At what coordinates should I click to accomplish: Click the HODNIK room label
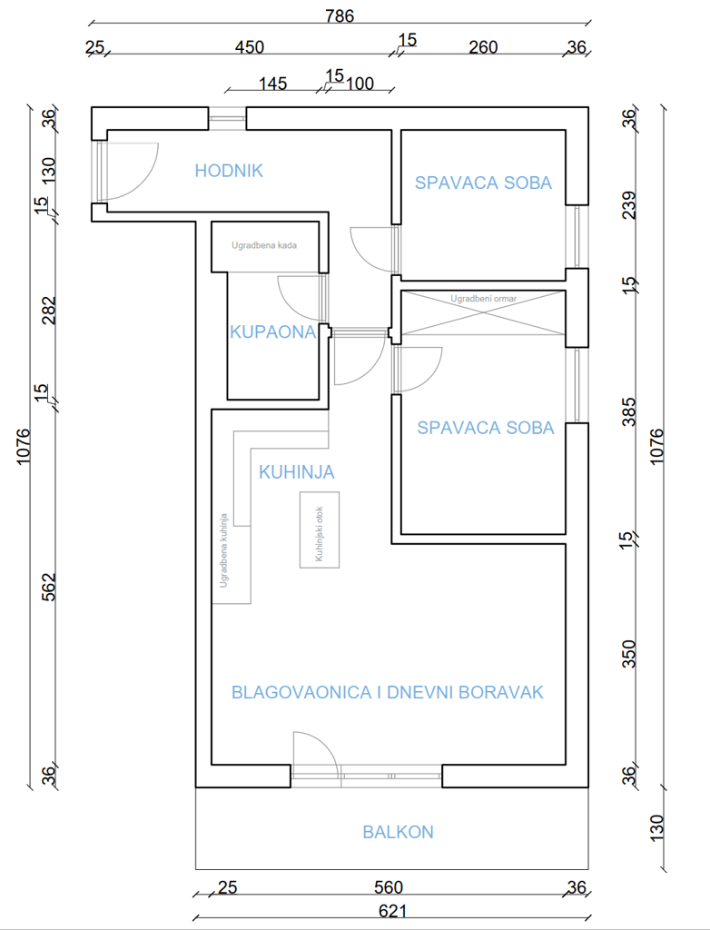tap(229, 170)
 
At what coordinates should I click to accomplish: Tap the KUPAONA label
tap(272, 332)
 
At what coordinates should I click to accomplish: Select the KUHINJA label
tap(296, 472)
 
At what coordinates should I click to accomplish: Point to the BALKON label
tap(398, 832)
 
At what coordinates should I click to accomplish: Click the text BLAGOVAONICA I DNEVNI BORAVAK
tap(387, 692)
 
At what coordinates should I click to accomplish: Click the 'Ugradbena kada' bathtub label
tap(264, 245)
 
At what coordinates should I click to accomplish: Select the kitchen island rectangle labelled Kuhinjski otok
tap(320, 529)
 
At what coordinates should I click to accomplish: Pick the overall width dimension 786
tap(340, 15)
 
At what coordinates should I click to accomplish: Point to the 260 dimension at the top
tap(483, 47)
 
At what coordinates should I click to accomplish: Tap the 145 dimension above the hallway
tap(272, 84)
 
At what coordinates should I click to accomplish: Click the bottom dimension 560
tap(388, 887)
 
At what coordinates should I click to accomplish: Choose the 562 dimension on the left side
tap(49, 587)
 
